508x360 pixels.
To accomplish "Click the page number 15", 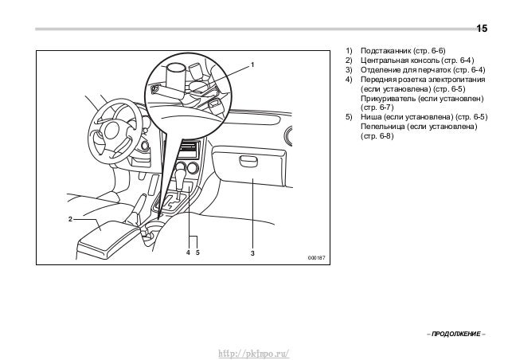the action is point(482,29).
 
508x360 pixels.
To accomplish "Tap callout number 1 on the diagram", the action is point(252,65).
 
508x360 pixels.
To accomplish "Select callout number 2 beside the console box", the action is point(70,219).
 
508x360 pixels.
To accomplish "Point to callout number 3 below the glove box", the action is point(252,253).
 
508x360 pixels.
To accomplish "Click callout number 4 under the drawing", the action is point(188,252).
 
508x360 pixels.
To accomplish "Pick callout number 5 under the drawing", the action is point(197,252).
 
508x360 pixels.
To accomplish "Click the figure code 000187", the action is point(317,258).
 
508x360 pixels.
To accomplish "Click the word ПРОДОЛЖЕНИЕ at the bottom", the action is point(456,334).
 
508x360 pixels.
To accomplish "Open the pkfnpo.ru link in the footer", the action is point(254,353).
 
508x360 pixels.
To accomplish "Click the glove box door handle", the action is point(248,160).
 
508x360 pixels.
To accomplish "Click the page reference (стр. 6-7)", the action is point(377,108).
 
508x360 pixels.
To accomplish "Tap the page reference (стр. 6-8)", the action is point(377,135).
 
